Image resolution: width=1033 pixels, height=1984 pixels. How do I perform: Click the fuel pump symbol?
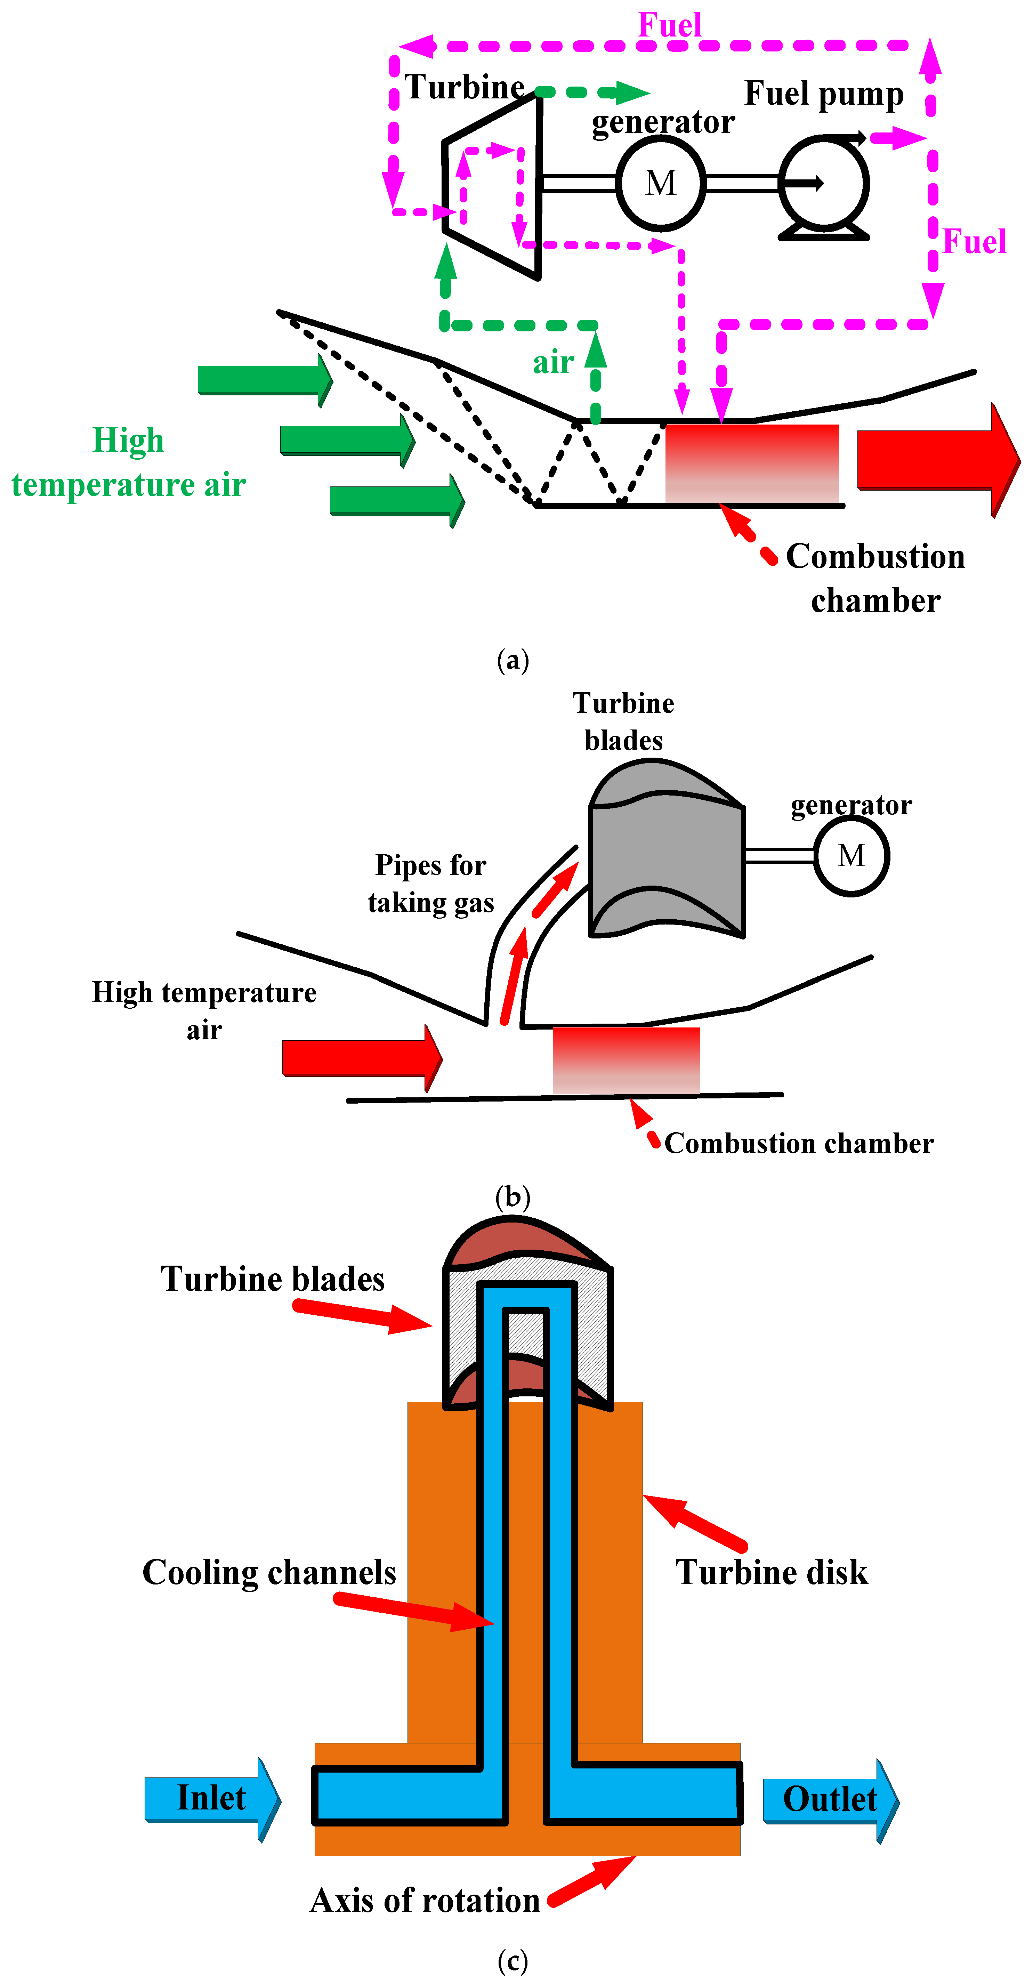click(x=823, y=185)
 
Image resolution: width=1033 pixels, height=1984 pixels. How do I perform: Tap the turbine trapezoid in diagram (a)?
click(x=493, y=185)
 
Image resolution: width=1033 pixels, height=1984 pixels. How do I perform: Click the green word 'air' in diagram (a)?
click(x=553, y=362)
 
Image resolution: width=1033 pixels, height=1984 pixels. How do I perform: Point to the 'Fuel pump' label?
click(x=823, y=94)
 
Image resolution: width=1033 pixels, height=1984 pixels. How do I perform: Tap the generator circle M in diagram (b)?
click(x=851, y=856)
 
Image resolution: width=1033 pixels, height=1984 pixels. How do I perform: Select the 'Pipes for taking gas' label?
click(x=430, y=884)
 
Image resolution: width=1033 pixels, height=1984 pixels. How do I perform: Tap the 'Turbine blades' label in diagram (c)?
click(x=273, y=1279)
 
